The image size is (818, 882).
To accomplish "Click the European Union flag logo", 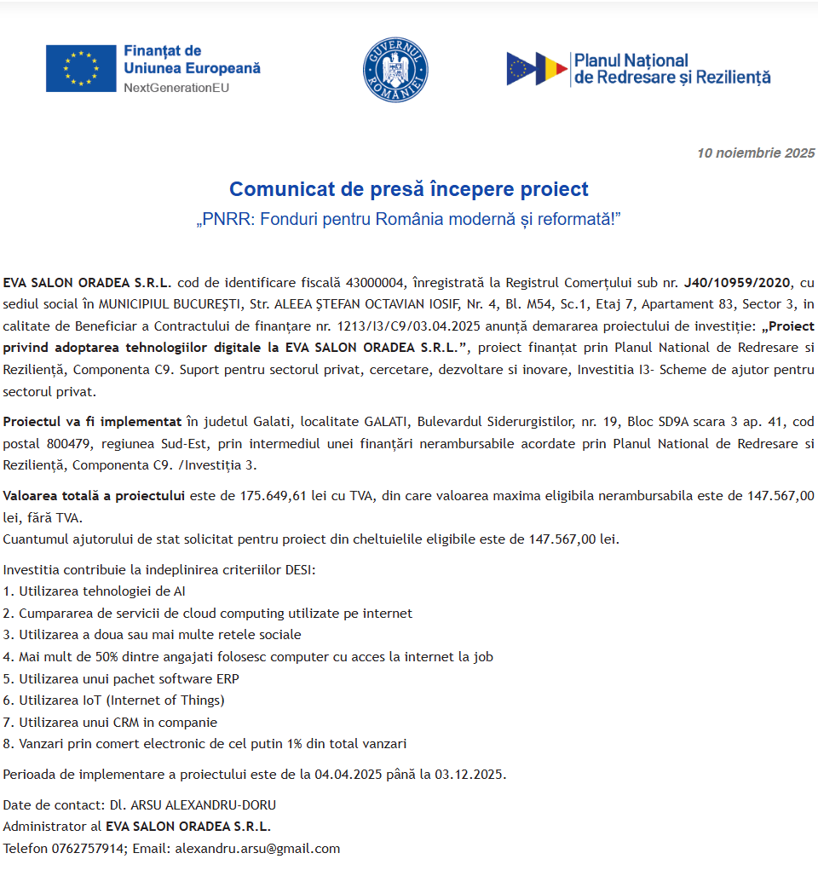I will pos(81,68).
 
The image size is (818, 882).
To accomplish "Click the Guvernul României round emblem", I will pos(395,70).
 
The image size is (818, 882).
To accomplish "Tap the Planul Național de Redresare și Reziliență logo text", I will pos(671,68).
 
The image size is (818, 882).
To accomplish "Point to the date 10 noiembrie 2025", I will pos(756,153).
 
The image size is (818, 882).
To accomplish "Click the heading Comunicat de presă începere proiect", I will pos(409,188).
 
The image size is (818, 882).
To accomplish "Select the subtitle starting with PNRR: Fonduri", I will pos(409,220).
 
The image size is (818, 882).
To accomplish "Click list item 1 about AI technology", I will pos(95,591).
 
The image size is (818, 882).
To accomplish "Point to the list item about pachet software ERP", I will pos(122,678).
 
